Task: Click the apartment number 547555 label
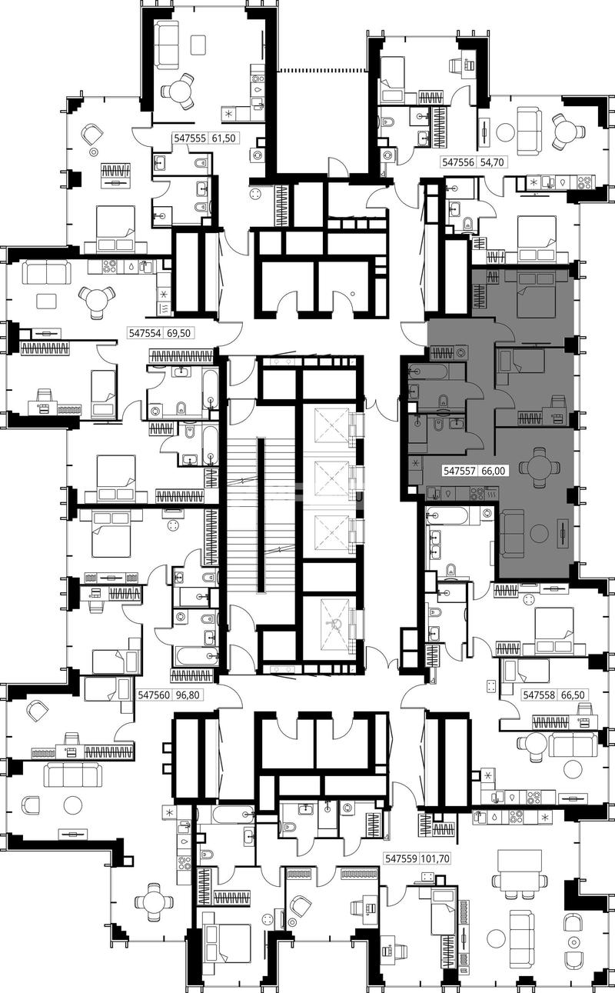point(190,138)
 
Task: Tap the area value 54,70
point(492,163)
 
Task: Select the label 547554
point(145,332)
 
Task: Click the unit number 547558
point(539,695)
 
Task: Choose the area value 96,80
point(188,695)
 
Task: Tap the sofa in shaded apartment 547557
point(512,532)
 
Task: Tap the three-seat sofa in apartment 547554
point(46,272)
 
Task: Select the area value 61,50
point(224,138)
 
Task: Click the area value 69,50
point(178,332)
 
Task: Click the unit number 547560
point(154,695)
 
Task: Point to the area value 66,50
point(573,695)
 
